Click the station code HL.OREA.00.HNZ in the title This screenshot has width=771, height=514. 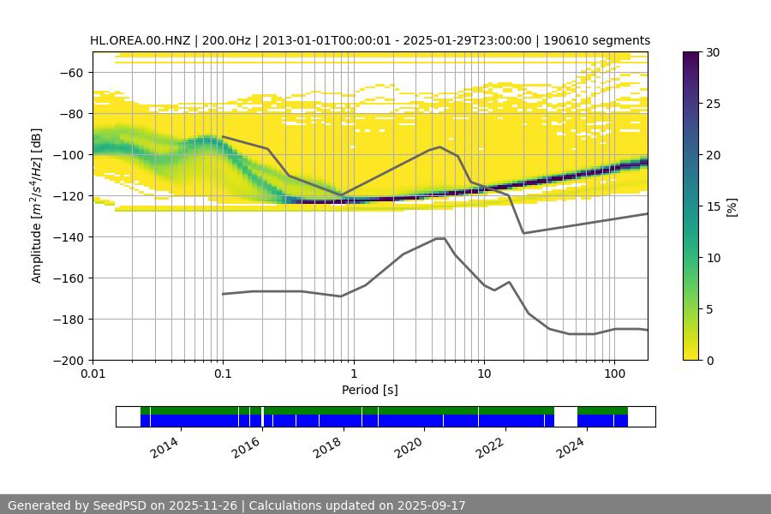pyautogui.click(x=140, y=40)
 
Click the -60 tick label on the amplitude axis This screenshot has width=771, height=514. pyautogui.click(x=71, y=72)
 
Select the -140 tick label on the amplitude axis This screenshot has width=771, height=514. pyautogui.click(x=68, y=236)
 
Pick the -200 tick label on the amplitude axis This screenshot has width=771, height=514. pyautogui.click(x=68, y=360)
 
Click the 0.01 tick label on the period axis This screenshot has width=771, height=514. pyautogui.click(x=93, y=374)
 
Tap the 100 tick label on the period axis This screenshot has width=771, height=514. pyautogui.click(x=614, y=374)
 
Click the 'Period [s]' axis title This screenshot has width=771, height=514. pyautogui.click(x=370, y=391)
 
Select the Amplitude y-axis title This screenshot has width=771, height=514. pyautogui.click(x=37, y=206)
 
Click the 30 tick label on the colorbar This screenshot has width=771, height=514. pyautogui.click(x=713, y=52)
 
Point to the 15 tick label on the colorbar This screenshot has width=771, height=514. pyautogui.click(x=713, y=206)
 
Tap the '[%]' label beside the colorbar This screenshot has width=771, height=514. pyautogui.click(x=732, y=206)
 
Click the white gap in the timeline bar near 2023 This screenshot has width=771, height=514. pyautogui.click(x=565, y=416)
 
